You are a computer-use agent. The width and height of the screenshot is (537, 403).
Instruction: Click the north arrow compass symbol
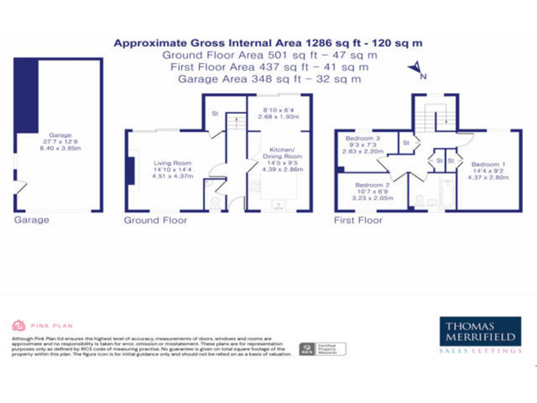point(415,69)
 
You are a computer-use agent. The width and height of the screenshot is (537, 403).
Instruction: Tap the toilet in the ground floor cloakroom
point(215,203)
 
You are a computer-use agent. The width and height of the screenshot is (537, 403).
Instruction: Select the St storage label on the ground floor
point(215,113)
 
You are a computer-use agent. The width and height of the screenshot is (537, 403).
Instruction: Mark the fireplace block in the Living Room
point(130,171)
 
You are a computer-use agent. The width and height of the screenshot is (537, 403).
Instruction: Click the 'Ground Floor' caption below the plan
point(155,220)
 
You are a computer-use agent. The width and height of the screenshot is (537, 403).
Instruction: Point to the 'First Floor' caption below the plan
point(358,220)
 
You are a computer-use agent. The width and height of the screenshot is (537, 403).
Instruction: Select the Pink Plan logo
point(42,325)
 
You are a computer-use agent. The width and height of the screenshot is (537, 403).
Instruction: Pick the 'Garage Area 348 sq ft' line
point(269,79)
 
